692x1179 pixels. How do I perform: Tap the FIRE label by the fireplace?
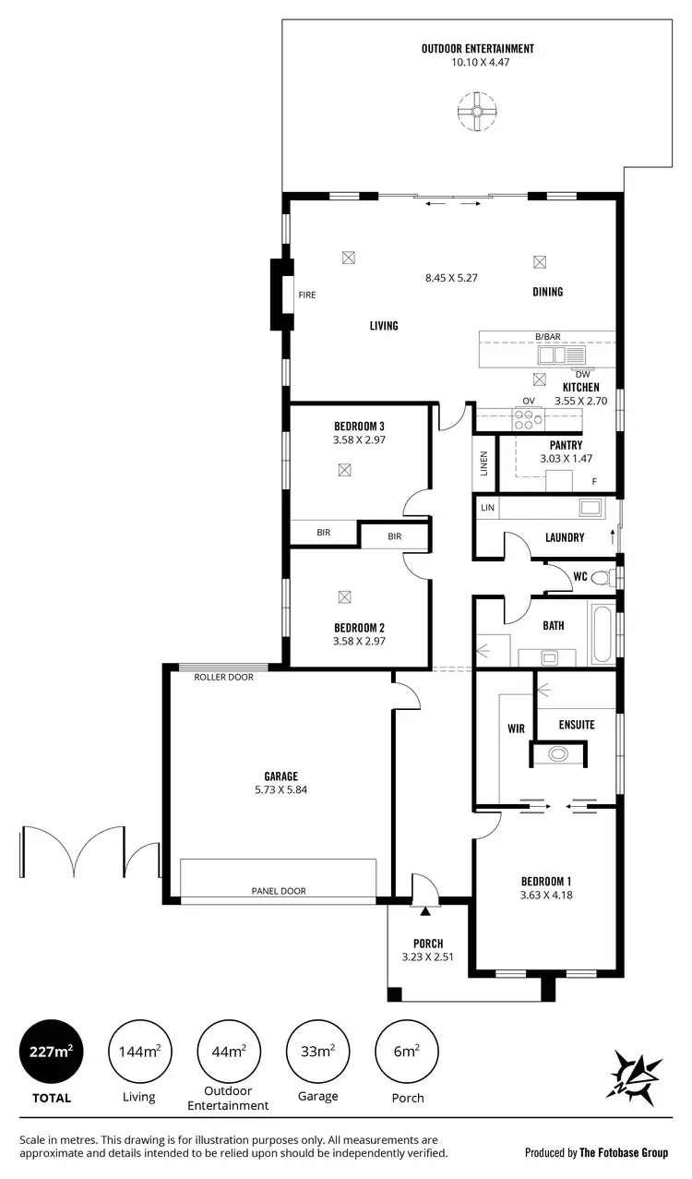[307, 295]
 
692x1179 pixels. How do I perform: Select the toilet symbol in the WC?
[602, 578]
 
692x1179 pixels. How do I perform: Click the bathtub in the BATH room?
[602, 632]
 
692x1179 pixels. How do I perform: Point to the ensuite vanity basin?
[558, 753]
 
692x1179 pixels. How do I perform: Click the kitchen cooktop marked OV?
[529, 419]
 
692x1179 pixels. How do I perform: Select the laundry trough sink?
[590, 507]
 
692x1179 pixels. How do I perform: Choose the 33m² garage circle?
[318, 1052]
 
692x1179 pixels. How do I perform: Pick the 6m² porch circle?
[407, 1052]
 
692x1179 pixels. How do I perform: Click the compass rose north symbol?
[637, 1076]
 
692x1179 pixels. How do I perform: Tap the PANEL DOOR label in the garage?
[279, 891]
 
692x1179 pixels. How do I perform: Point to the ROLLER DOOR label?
[223, 677]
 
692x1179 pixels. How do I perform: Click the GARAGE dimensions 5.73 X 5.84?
[279, 790]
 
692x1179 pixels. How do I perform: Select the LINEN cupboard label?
[483, 463]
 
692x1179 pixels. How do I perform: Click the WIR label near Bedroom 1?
[516, 728]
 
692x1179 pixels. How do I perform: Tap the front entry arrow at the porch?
[425, 911]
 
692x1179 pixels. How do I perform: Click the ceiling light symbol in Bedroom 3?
[344, 469]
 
